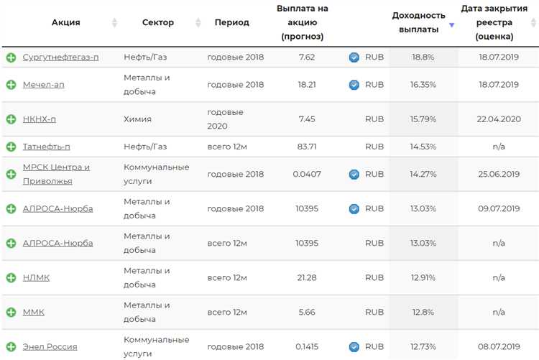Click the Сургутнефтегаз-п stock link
point(60,57)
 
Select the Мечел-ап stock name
point(43,85)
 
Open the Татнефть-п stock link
point(46,147)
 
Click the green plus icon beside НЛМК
point(11,278)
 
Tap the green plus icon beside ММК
point(11,313)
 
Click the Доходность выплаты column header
point(418,22)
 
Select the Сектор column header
point(158,22)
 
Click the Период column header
point(231,22)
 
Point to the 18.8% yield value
point(423,57)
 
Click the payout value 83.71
point(306,147)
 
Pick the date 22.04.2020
point(499,119)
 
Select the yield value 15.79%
point(423,119)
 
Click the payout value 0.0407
point(306,174)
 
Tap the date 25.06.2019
point(499,174)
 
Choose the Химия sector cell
point(137,119)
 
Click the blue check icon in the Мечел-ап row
point(354,85)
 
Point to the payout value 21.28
point(306,278)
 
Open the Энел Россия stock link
point(50,347)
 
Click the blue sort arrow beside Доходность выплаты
point(452,25)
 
